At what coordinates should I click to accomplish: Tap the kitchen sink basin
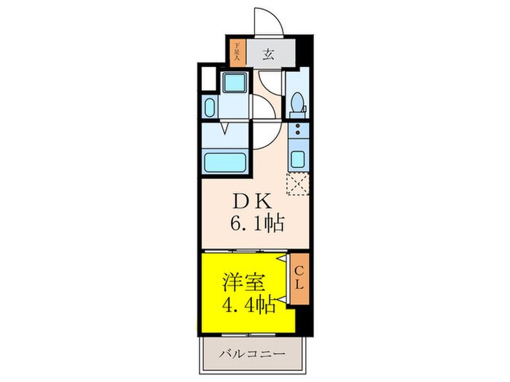[x=297, y=158]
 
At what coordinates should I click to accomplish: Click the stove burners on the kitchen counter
[x=297, y=132]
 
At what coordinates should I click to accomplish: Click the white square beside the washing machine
[x=209, y=76]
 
